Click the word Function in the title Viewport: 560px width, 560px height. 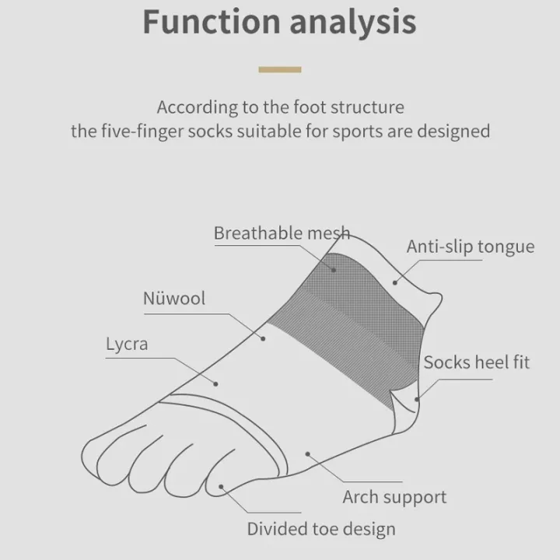(x=212, y=22)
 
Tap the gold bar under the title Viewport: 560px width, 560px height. (x=280, y=70)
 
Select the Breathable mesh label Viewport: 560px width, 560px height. (x=282, y=233)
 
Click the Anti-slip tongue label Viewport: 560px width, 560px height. (x=471, y=247)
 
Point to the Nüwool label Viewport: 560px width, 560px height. (x=174, y=298)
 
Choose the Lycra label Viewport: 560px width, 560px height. (x=127, y=345)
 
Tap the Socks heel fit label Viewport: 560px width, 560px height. (x=477, y=362)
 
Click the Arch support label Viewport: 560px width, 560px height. (x=394, y=497)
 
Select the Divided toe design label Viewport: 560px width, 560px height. (x=321, y=530)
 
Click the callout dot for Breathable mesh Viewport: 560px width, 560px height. (x=334, y=270)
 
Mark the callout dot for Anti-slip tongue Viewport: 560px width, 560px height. (x=394, y=283)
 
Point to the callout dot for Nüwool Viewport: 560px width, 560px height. (x=263, y=338)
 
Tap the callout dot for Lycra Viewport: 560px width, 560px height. (x=215, y=384)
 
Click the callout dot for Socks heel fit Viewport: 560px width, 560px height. (x=416, y=399)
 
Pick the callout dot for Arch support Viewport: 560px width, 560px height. (x=307, y=454)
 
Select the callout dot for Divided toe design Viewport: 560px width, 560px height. (x=221, y=486)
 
